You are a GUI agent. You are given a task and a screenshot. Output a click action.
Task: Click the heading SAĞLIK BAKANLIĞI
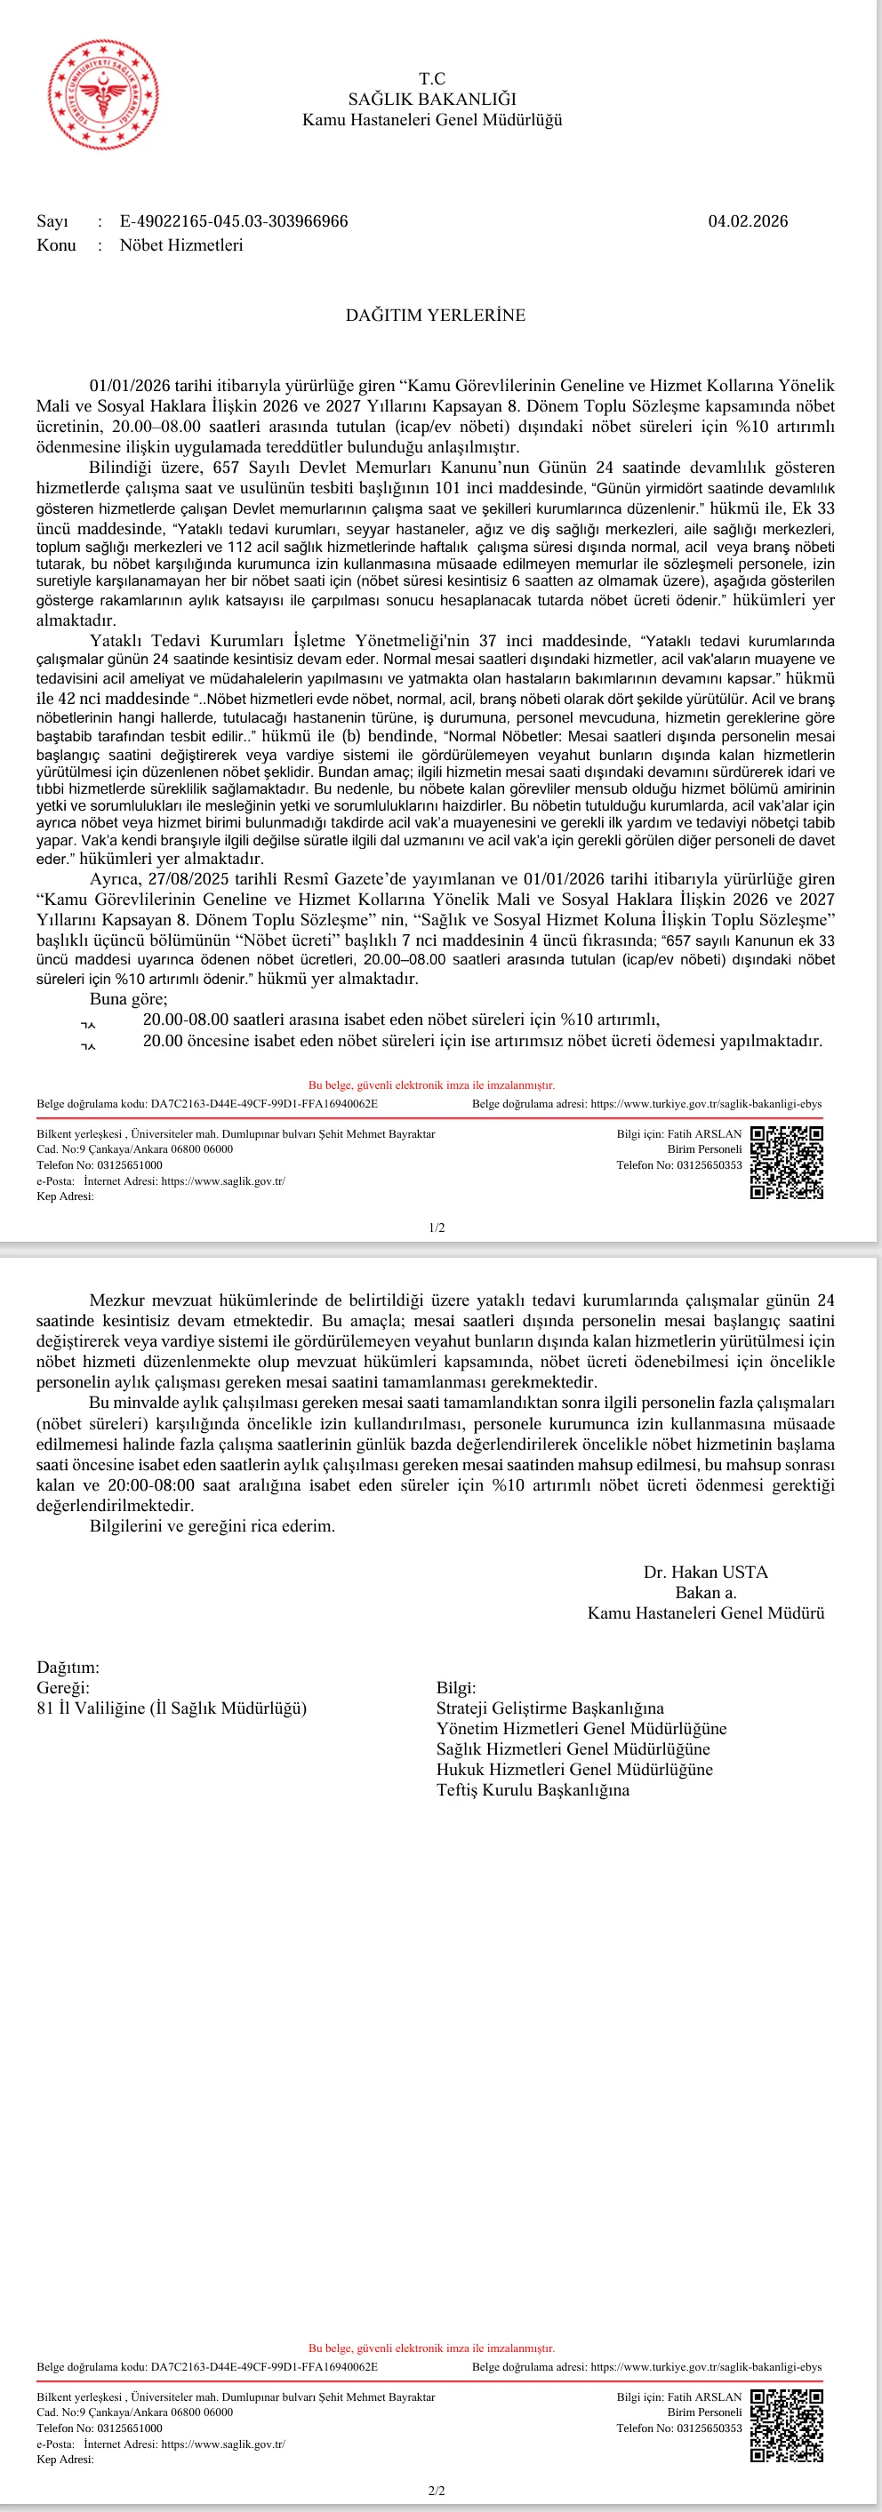click(x=432, y=100)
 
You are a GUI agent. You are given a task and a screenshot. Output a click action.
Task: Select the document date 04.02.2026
click(x=748, y=221)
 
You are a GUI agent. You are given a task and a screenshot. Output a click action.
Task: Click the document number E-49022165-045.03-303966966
click(x=234, y=221)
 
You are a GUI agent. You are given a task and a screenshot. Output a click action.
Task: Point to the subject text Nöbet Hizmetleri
click(x=181, y=244)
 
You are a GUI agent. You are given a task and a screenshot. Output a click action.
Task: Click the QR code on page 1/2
click(x=786, y=1163)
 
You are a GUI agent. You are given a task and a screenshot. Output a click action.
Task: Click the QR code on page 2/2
click(x=786, y=2426)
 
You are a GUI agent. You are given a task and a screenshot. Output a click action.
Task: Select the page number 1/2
click(x=437, y=1228)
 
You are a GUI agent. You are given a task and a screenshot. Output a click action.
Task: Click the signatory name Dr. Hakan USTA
click(x=705, y=1572)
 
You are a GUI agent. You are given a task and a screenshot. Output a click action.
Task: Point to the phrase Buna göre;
click(x=129, y=998)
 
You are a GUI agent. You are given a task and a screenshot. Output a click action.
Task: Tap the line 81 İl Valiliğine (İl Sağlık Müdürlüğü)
click(x=172, y=1708)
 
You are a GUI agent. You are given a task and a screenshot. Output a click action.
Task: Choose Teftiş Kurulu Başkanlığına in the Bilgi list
click(x=533, y=1789)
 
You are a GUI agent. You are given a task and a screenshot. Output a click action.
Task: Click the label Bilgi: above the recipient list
click(x=455, y=1687)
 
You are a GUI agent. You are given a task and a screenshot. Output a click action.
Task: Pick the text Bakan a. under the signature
click(x=705, y=1592)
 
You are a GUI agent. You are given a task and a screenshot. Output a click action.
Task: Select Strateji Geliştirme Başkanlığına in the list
click(x=550, y=1708)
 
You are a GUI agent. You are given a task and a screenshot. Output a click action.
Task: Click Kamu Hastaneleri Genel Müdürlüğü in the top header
click(x=432, y=120)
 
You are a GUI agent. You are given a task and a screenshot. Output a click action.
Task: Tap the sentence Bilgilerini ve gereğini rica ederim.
click(x=212, y=1526)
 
